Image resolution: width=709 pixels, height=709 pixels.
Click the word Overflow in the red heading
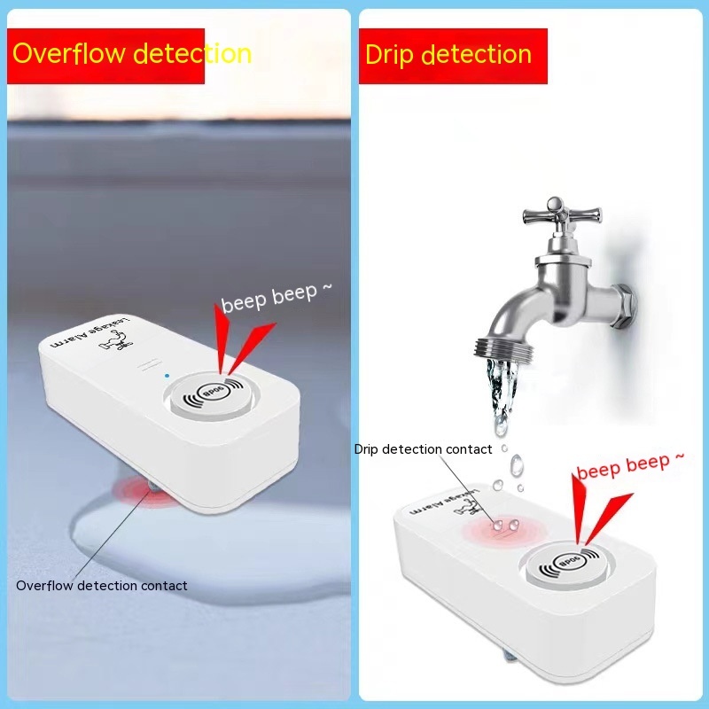[67, 53]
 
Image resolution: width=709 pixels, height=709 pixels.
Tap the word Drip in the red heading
[389, 55]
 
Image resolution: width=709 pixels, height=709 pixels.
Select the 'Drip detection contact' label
[423, 449]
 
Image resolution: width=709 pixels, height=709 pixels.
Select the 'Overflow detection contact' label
[102, 585]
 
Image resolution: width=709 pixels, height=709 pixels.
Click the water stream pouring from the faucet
[499, 390]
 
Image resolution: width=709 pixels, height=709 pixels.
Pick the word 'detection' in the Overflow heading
[191, 53]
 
